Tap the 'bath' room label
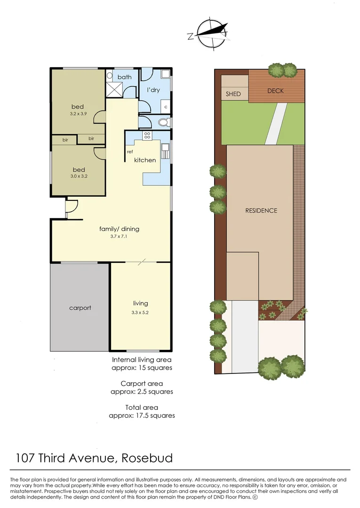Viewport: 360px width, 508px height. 124,77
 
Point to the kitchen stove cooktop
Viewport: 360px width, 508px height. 146,135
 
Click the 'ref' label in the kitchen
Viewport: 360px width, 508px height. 129,151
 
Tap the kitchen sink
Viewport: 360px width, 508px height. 165,151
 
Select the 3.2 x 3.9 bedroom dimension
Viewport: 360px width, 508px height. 78,114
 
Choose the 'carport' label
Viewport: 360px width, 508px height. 80,308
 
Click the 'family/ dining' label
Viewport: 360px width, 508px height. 119,229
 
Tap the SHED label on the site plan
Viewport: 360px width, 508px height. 233,94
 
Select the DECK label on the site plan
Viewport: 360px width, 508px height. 275,91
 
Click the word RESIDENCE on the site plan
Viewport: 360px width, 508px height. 261,211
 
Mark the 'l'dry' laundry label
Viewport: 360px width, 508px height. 154,90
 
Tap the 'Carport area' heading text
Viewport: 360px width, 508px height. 142,384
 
